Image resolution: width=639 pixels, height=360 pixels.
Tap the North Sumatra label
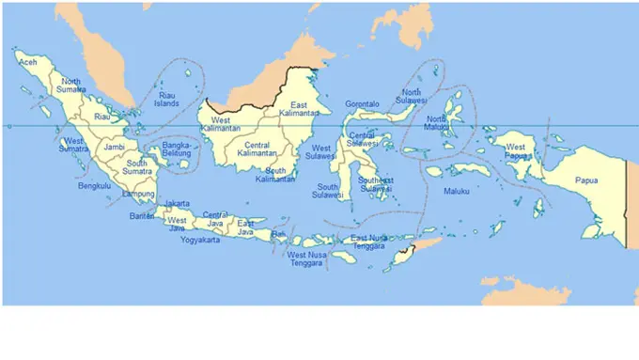tap(73, 86)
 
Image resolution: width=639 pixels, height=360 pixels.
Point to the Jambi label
tap(115, 148)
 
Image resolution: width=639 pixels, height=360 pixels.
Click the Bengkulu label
tap(95, 186)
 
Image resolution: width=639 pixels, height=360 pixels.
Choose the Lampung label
tap(138, 195)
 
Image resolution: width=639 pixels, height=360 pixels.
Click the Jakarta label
tap(177, 204)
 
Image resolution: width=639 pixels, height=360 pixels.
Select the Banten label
tap(143, 216)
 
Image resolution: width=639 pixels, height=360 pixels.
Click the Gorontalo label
tap(362, 103)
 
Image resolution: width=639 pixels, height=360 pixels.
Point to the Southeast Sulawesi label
tap(375, 183)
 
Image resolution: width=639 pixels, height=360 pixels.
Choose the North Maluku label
tap(436, 124)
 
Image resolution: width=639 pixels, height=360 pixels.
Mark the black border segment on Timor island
tap(405, 251)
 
